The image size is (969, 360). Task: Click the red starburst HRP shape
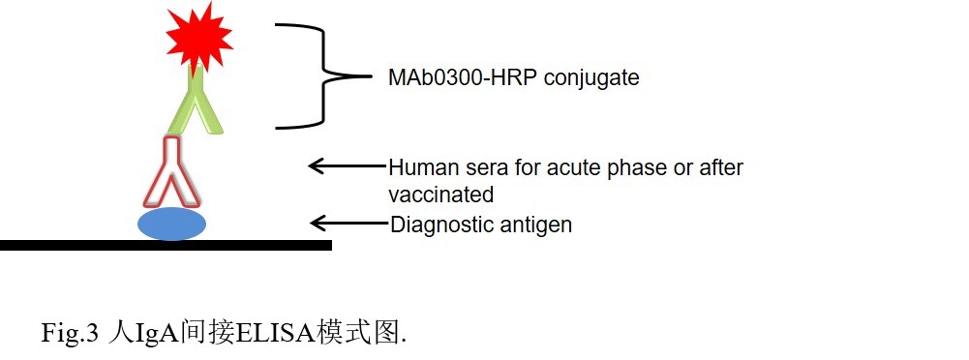point(198,36)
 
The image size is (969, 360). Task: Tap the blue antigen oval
point(171,225)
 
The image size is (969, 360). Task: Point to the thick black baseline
point(165,246)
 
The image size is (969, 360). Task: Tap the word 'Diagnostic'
point(438,225)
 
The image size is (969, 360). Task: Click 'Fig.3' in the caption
point(70,334)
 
